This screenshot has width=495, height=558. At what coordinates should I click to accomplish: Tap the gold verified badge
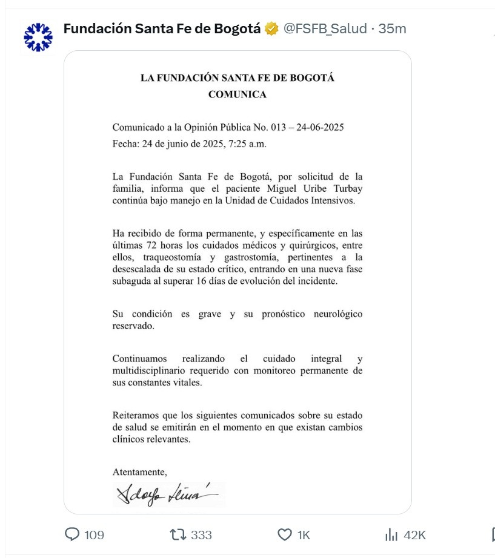coord(271,28)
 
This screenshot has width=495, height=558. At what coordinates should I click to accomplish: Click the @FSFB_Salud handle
coord(325,28)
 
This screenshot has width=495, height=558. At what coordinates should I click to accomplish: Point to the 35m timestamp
coord(392,28)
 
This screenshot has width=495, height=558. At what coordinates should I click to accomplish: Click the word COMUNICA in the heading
coord(237,94)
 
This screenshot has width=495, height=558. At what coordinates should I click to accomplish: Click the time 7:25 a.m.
coord(246,144)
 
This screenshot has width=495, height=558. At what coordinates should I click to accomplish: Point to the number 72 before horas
coord(153,246)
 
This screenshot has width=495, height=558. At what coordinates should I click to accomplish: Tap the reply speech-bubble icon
coord(72,534)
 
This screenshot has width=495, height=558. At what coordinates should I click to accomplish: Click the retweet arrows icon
coord(178,534)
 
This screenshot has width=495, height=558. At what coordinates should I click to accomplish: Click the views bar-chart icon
coord(391,534)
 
